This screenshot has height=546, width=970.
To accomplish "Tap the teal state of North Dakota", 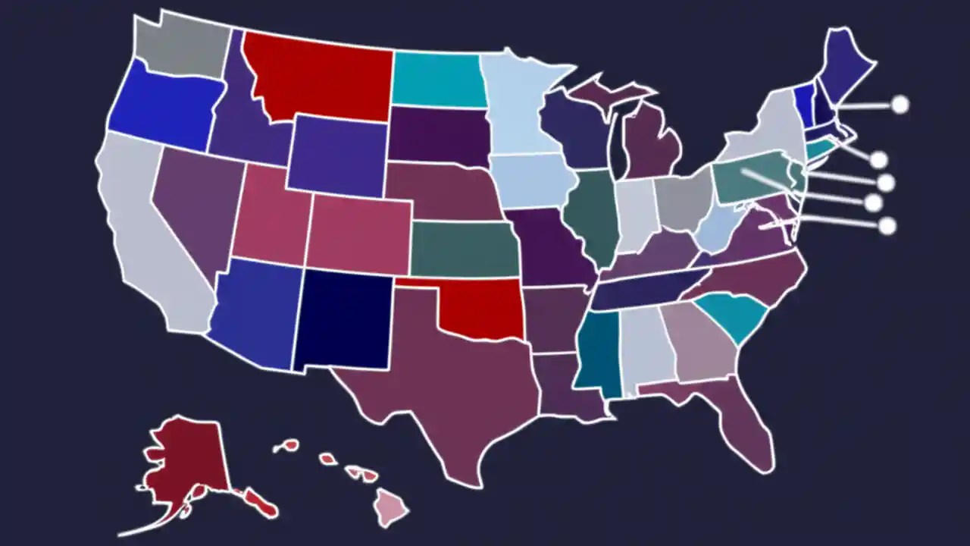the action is tap(438, 80).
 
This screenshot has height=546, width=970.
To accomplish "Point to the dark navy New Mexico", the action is tap(345, 318).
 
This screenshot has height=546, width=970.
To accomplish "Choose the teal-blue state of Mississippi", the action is tap(599, 353).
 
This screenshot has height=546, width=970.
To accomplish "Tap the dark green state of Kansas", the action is tap(464, 249).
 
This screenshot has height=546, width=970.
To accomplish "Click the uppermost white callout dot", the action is tap(900, 105).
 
